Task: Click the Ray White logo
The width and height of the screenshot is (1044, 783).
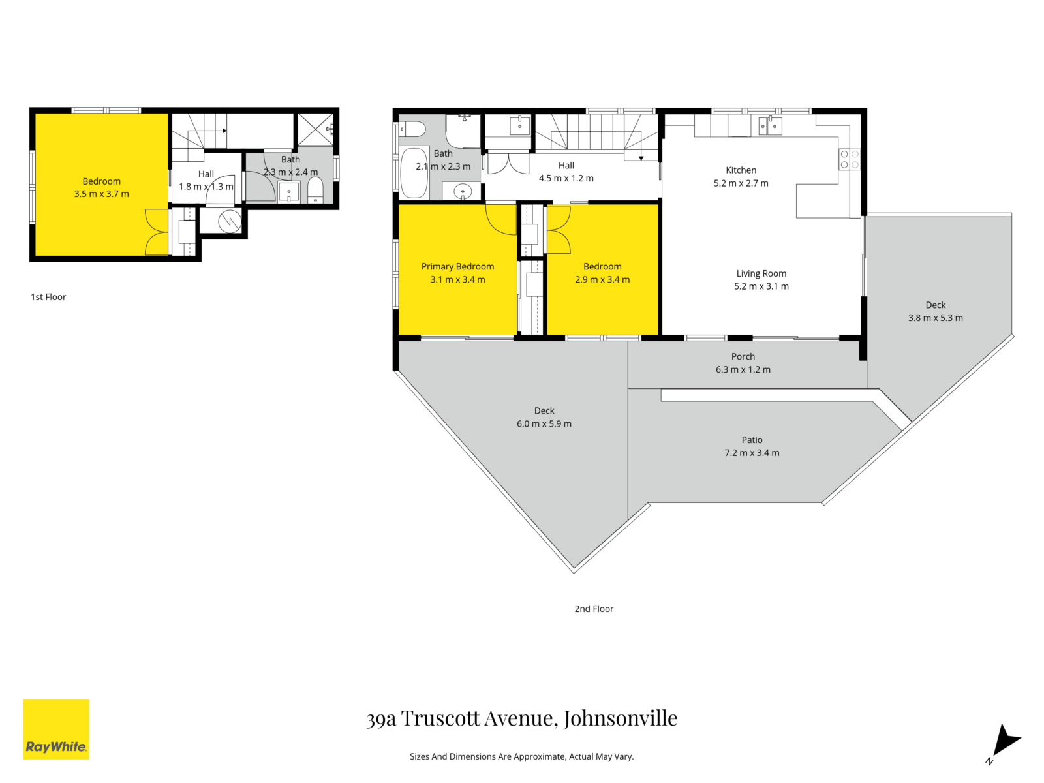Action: pyautogui.click(x=56, y=729)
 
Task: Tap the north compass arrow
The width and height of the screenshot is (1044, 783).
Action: pyautogui.click(x=1005, y=742)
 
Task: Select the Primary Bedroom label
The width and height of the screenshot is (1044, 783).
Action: pyautogui.click(x=457, y=266)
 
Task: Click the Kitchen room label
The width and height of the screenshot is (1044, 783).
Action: pyautogui.click(x=741, y=170)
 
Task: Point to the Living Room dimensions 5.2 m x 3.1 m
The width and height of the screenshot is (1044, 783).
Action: pyautogui.click(x=761, y=286)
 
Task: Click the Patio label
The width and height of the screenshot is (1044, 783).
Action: pyautogui.click(x=752, y=440)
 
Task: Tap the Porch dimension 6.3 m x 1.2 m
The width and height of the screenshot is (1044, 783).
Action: pyautogui.click(x=743, y=370)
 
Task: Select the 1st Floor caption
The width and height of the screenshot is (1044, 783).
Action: pyautogui.click(x=48, y=297)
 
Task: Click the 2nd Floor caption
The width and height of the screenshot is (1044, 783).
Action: pyautogui.click(x=594, y=609)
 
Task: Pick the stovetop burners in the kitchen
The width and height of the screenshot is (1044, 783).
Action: pyautogui.click(x=849, y=160)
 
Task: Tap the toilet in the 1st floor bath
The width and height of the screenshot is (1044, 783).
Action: pyautogui.click(x=315, y=191)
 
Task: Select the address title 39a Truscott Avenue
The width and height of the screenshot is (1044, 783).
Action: pyautogui.click(x=521, y=718)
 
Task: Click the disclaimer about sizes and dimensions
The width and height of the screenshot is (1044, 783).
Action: pyautogui.click(x=521, y=757)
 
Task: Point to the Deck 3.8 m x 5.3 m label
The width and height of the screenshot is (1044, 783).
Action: pyautogui.click(x=935, y=312)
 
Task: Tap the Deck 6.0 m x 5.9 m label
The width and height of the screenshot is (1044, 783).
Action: pyautogui.click(x=544, y=418)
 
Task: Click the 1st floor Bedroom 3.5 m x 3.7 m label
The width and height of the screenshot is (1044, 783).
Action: pyautogui.click(x=101, y=188)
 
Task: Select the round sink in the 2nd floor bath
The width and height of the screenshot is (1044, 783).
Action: pyautogui.click(x=462, y=192)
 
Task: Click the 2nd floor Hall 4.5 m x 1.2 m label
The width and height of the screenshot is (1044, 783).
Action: pyautogui.click(x=566, y=172)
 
